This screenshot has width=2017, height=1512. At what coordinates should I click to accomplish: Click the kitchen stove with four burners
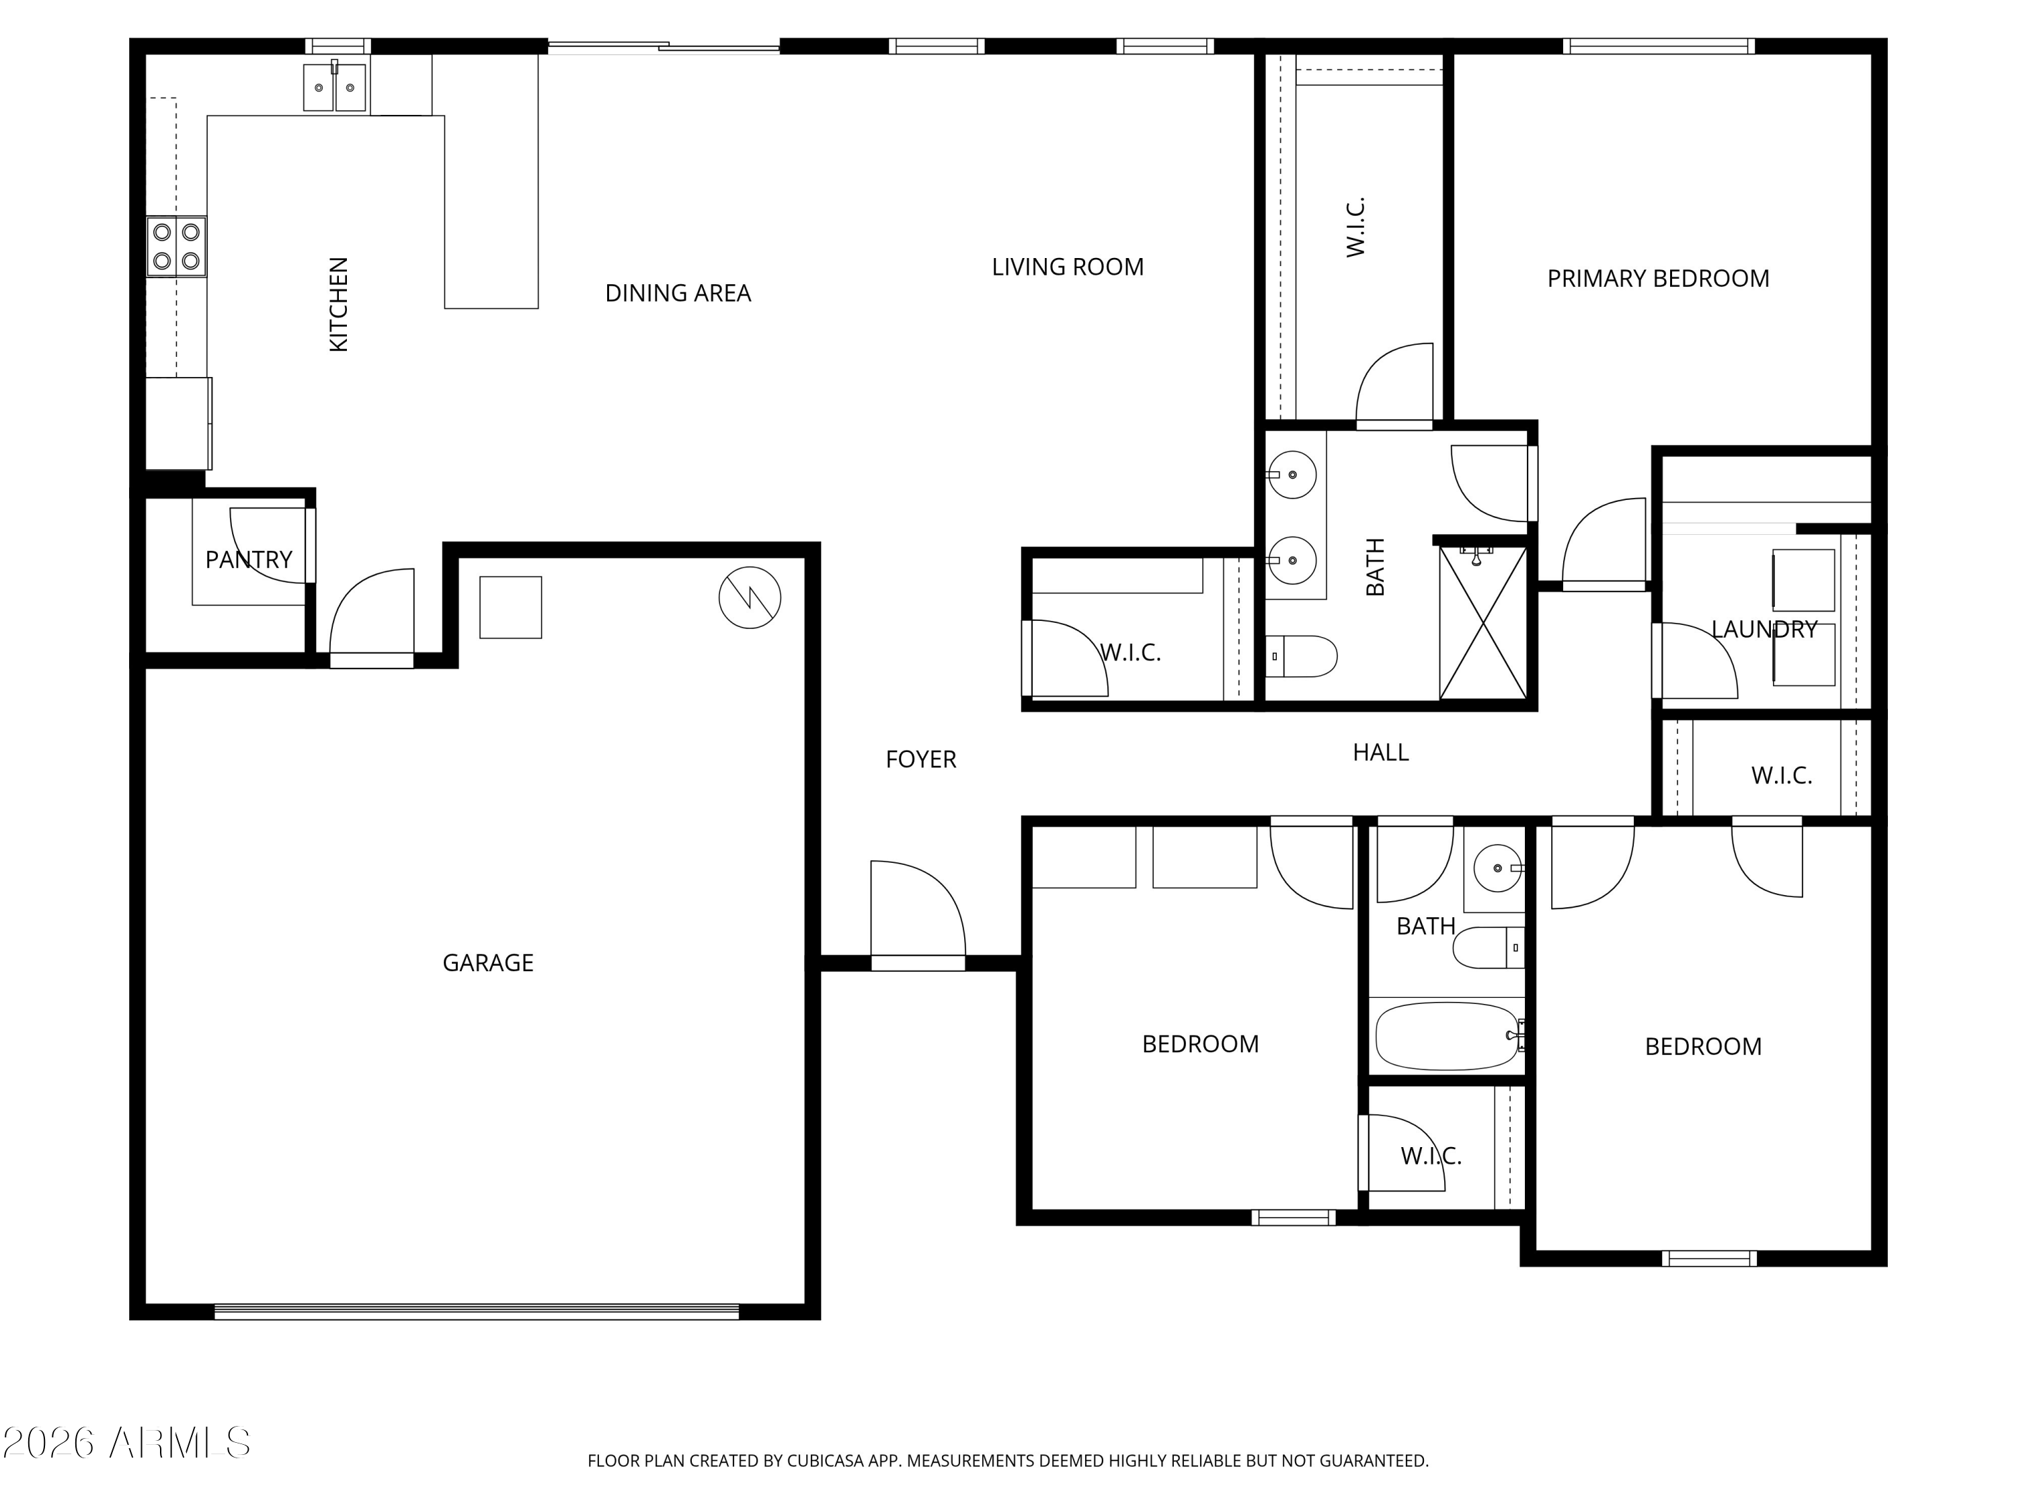[x=177, y=246]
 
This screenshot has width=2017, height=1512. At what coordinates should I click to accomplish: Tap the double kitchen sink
[x=335, y=87]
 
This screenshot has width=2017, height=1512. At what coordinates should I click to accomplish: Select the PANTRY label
[x=249, y=560]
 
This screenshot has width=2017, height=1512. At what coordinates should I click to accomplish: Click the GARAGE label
[x=488, y=962]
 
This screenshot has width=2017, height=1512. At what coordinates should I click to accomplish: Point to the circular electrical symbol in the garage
[x=750, y=598]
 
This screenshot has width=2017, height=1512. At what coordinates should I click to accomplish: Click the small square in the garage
[x=510, y=607]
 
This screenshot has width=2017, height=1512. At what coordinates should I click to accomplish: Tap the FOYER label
[x=921, y=759]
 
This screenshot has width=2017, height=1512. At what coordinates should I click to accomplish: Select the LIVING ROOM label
[x=1068, y=267]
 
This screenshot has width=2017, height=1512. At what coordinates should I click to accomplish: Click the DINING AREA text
[x=678, y=294]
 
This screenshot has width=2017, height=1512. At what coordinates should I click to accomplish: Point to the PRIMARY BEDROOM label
[x=1659, y=279]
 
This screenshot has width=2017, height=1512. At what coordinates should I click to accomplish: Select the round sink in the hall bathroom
[x=1497, y=868]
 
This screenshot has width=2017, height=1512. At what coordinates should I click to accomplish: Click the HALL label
[x=1380, y=753]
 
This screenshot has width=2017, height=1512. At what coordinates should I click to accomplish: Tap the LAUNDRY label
[x=1764, y=630]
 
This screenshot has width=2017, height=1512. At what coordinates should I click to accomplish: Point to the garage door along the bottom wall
[x=477, y=1312]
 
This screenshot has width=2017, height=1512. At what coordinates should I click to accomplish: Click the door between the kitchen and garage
[x=372, y=618]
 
